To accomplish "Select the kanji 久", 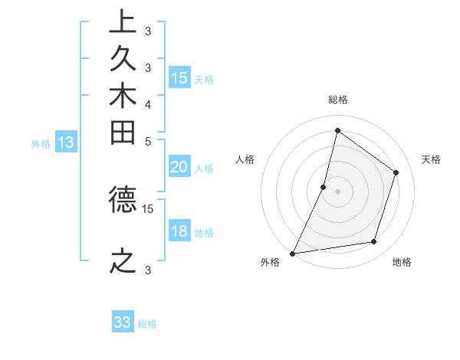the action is tap(123, 60).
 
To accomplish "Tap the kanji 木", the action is tap(123, 97).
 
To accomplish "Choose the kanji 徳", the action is tap(123, 200).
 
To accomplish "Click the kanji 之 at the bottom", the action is tap(123, 261).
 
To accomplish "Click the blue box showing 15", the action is tap(179, 78).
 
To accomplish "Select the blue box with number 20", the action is tap(179, 168).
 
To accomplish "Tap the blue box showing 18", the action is tap(179, 232).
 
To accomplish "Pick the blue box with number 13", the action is tap(66, 142).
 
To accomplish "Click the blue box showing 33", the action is tap(123, 323).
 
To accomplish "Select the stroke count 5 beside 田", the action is tap(148, 141).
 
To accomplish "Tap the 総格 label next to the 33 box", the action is tap(148, 324).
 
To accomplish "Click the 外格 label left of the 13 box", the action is tap(41, 143).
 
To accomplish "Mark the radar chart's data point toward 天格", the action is tap(396, 172).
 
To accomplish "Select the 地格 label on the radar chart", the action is tap(402, 263).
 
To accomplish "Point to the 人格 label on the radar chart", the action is tap(245, 159).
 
